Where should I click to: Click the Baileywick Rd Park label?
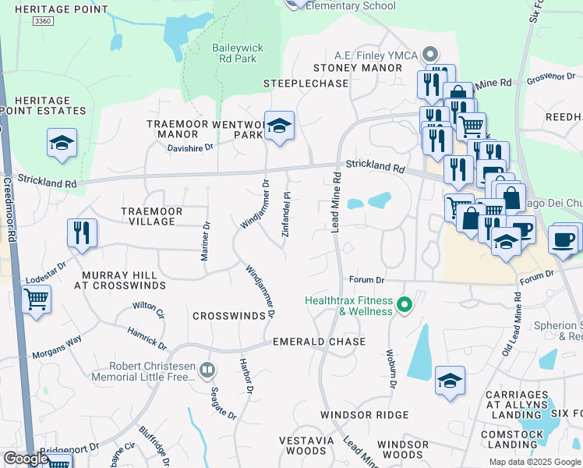238,53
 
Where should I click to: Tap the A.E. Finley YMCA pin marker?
429,55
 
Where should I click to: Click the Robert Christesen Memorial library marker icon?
207,370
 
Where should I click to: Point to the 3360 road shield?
44,23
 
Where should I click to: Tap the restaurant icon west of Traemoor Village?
82,232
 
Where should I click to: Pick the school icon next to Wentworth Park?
278,126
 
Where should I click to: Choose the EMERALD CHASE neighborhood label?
319,342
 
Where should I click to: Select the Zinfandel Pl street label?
287,206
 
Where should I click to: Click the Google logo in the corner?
26,459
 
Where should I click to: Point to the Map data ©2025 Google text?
534,462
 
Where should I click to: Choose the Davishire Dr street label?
190,147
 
